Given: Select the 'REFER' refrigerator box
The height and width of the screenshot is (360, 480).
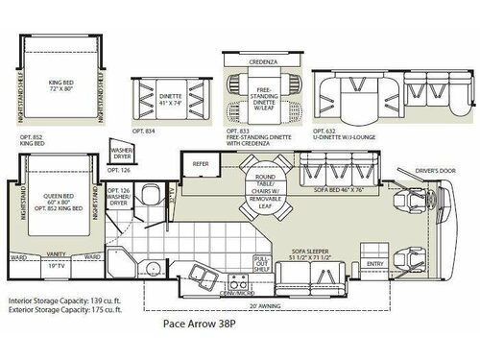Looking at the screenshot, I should point(201,163).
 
